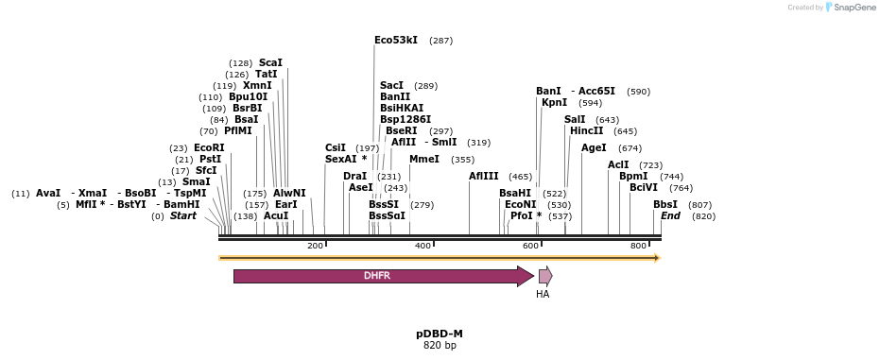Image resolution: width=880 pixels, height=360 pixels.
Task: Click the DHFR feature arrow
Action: (x=384, y=276)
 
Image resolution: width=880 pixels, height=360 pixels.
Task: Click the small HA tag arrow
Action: (x=545, y=276)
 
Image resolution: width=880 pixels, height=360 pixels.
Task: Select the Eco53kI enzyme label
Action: (x=396, y=41)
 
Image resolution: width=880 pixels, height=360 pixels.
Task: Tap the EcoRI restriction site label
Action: (x=209, y=148)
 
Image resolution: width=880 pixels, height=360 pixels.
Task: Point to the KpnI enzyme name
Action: (x=555, y=103)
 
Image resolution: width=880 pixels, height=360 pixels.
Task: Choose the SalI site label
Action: (x=575, y=119)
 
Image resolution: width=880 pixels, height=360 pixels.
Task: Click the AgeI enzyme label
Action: (x=594, y=148)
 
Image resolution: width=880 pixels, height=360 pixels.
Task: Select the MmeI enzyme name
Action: (x=424, y=160)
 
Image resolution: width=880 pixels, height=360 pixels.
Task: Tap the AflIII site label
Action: (x=484, y=176)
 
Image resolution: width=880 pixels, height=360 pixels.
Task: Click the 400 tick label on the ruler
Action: (x=423, y=246)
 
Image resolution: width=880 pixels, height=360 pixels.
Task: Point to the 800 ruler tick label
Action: (x=638, y=246)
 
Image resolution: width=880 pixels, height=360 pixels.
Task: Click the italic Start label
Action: (x=183, y=215)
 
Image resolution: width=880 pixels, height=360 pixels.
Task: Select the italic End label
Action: (x=670, y=215)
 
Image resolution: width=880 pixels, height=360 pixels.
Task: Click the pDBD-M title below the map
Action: (x=440, y=334)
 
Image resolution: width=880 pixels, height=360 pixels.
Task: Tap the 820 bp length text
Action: (x=440, y=346)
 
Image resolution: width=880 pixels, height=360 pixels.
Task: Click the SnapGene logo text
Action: (x=854, y=8)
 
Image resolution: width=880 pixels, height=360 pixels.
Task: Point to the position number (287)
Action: (x=441, y=41)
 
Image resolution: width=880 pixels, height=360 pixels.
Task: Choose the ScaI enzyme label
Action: (x=270, y=62)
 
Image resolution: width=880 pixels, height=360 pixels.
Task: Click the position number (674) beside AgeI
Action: (x=630, y=148)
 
